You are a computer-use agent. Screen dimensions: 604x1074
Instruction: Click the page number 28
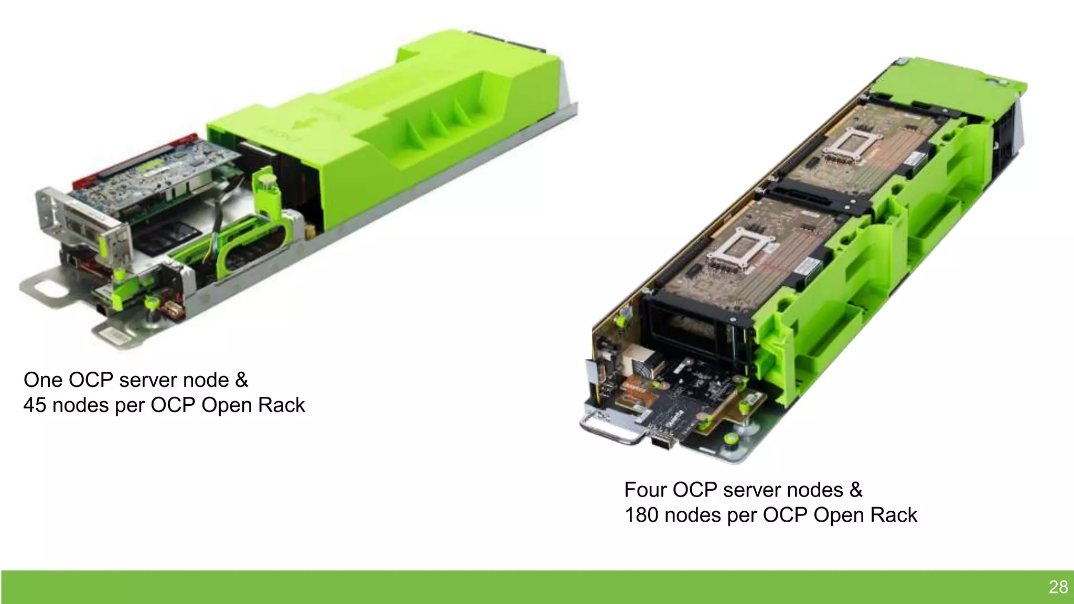1058,587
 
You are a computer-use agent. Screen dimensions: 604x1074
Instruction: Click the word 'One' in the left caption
43,380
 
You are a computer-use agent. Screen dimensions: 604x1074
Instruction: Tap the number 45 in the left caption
35,405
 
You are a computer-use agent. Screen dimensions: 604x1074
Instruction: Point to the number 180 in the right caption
641,515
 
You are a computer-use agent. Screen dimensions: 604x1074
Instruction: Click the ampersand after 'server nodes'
856,490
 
